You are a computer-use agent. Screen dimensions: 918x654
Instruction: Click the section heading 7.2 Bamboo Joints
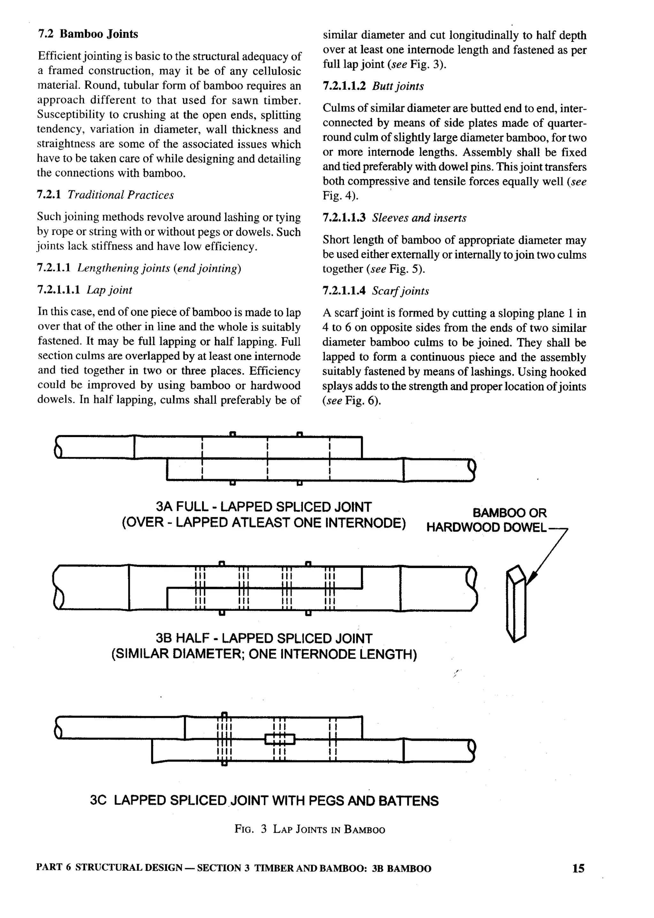tap(88, 34)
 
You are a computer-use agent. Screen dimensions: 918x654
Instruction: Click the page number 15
tap(578, 869)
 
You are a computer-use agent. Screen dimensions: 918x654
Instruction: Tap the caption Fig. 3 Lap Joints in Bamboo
tap(310, 830)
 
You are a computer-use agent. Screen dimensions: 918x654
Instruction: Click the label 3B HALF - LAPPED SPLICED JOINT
tap(264, 638)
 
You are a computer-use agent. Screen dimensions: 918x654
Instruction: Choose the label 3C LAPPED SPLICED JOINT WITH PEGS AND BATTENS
tap(264, 800)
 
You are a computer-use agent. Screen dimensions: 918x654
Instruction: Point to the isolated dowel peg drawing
tap(516, 604)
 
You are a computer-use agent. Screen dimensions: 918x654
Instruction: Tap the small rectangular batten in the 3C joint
tap(280, 739)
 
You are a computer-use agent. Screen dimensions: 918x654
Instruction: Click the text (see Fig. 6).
tap(352, 401)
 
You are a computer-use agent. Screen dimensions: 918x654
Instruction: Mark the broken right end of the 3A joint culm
tap(472, 470)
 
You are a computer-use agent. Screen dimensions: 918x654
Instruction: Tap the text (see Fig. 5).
tap(395, 269)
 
